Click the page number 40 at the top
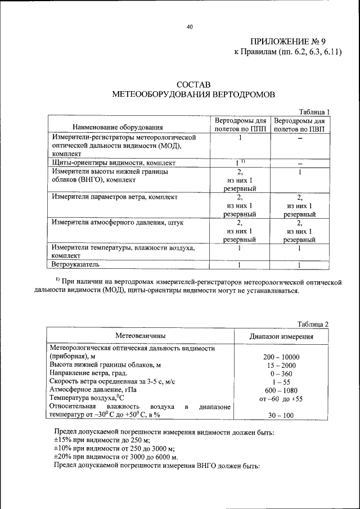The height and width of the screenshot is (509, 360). [x=190, y=26]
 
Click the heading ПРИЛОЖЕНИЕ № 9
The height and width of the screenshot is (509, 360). [x=288, y=42]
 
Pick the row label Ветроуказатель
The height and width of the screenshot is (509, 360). [x=76, y=263]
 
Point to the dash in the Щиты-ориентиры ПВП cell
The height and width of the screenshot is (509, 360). [x=300, y=163]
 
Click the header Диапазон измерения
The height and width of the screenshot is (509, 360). [x=281, y=336]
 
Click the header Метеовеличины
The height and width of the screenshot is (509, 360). [x=141, y=336]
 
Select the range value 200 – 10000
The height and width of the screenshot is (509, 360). [x=281, y=357]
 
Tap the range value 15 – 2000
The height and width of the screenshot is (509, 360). [x=281, y=366]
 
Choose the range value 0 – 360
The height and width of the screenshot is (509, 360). [x=281, y=373]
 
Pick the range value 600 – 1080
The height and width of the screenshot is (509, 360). [x=281, y=390]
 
